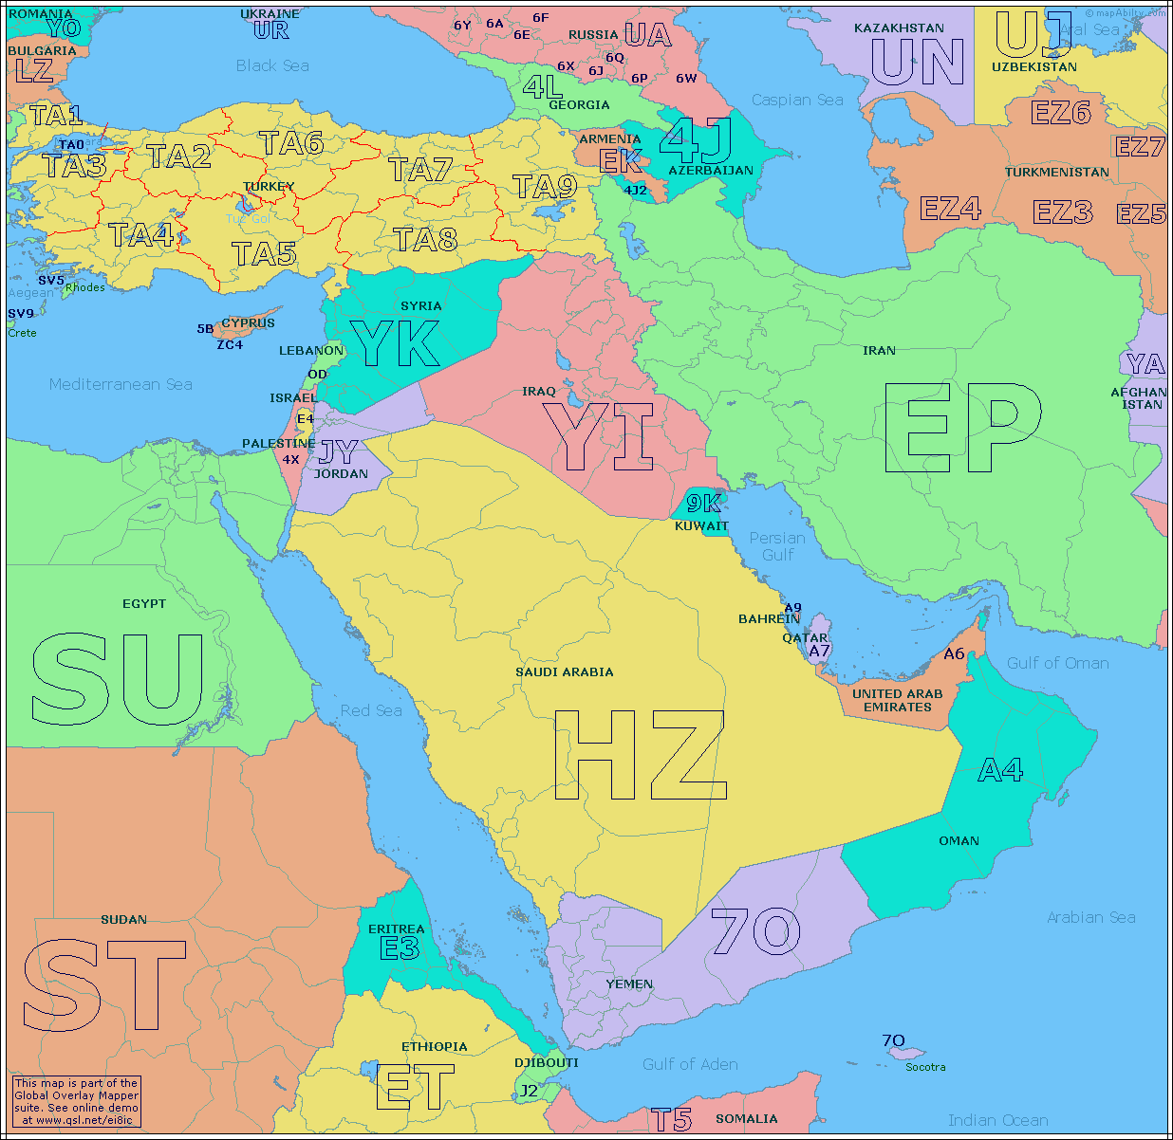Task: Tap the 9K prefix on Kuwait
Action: click(x=703, y=504)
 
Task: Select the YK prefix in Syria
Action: click(x=395, y=343)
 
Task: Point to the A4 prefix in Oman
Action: click(x=1000, y=769)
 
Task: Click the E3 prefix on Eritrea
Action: click(x=399, y=947)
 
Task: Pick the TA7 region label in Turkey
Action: click(x=419, y=170)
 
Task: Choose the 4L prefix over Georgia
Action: click(x=542, y=86)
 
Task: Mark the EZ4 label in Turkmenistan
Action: click(x=950, y=208)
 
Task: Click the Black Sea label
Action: click(x=272, y=65)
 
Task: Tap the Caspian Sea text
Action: click(x=797, y=100)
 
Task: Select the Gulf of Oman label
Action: click(x=1057, y=663)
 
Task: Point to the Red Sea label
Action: click(x=371, y=710)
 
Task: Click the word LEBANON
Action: click(x=311, y=350)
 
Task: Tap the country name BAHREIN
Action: click(x=769, y=618)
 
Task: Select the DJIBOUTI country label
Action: click(x=547, y=1062)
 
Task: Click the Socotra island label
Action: click(x=925, y=1067)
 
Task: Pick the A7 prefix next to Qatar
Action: click(x=819, y=651)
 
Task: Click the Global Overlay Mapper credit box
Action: click(x=76, y=1101)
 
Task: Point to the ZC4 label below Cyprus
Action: click(x=230, y=344)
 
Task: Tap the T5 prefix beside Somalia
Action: click(x=671, y=1120)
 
